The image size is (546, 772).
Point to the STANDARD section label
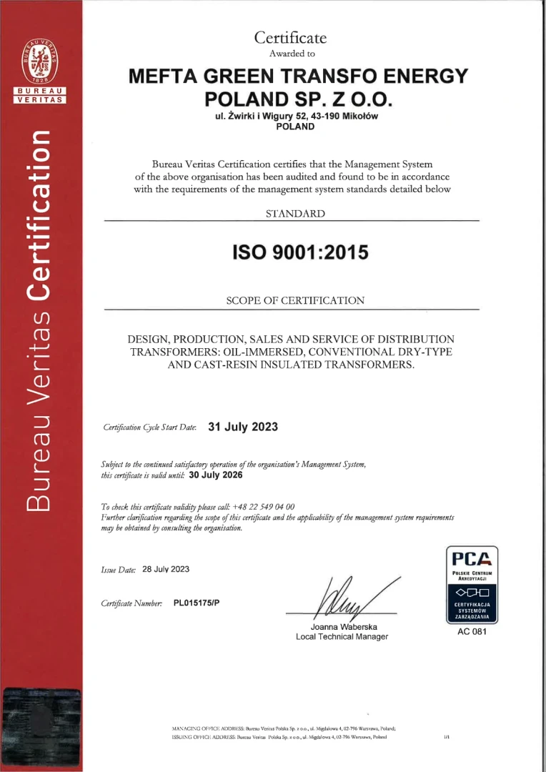[x=295, y=214]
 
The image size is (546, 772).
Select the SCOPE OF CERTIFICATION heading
[x=295, y=301]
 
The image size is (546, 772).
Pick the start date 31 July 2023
[x=242, y=427]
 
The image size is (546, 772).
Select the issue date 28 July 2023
[x=166, y=569]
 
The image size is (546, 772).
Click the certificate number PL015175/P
[x=197, y=603]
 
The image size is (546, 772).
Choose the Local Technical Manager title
[x=342, y=637]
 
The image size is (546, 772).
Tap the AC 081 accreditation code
[x=472, y=633]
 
